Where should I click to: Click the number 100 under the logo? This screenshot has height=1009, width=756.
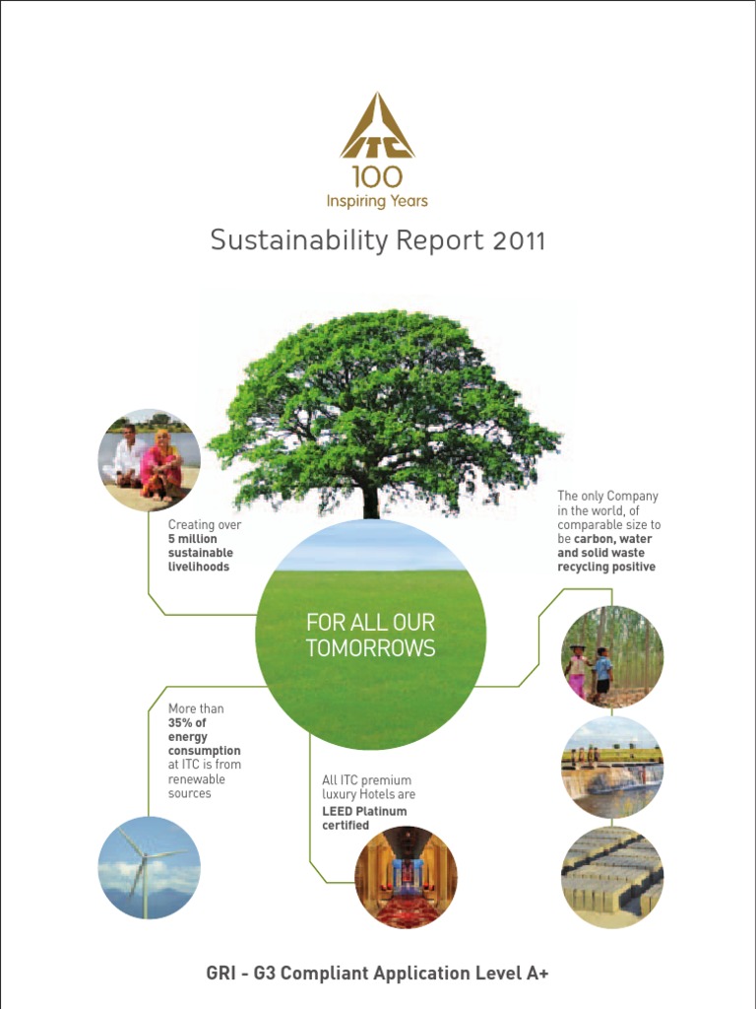pos(377,177)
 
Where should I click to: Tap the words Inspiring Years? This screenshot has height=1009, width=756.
pos(377,201)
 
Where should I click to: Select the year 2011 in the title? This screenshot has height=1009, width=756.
pos(517,240)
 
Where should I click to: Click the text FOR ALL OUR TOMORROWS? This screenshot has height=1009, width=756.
pos(370,636)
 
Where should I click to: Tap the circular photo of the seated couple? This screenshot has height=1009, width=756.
pos(150,460)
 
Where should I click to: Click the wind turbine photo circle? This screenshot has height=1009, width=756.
pos(150,868)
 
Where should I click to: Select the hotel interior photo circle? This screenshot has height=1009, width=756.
pos(406,877)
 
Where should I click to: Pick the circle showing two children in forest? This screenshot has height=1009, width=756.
pos(611,656)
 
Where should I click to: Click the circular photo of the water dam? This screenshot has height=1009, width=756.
pos(611,768)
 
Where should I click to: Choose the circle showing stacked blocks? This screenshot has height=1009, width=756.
pos(611,877)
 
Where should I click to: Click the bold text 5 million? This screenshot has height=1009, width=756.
pos(193,539)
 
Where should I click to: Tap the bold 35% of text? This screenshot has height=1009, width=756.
pos(187,722)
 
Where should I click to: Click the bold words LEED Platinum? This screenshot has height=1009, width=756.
pos(364,811)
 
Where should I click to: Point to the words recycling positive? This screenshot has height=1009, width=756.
pos(606,567)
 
